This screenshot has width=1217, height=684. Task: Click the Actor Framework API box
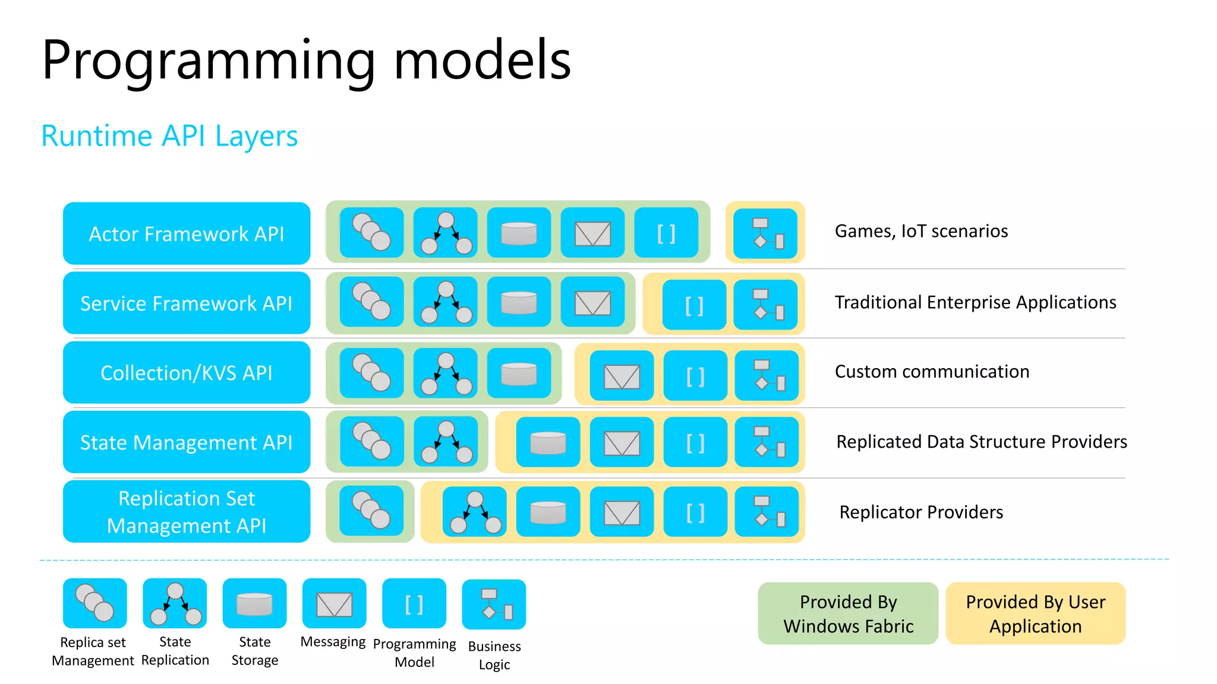pos(187,233)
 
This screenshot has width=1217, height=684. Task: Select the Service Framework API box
pos(187,303)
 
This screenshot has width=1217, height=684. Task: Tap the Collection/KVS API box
pos(187,372)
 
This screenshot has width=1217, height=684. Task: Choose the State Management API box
pos(187,442)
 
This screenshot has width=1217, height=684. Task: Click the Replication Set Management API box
pos(187,511)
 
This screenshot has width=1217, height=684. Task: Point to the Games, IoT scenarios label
pos(921,231)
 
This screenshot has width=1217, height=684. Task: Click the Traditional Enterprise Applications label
pos(975,302)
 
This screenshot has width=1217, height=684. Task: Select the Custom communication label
pos(932,372)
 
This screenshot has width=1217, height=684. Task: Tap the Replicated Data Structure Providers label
pos(981,442)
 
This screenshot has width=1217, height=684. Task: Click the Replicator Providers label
pos(921,512)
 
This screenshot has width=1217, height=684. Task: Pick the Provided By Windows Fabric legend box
pos(848,613)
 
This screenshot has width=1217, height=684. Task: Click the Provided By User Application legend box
pos(1035,613)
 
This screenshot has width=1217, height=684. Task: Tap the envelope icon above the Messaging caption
pos(334,604)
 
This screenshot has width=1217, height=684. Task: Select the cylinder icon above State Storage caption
pos(254,604)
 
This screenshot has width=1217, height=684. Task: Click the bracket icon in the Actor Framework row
pos(666,233)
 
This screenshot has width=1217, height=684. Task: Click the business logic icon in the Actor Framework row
pos(765,233)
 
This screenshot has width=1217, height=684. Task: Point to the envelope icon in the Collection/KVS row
pos(622,376)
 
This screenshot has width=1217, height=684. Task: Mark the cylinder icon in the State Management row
pos(548,442)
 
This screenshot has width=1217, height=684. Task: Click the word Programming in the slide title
pos(209,61)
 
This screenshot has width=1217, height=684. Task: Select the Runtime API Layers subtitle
pos(169,136)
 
